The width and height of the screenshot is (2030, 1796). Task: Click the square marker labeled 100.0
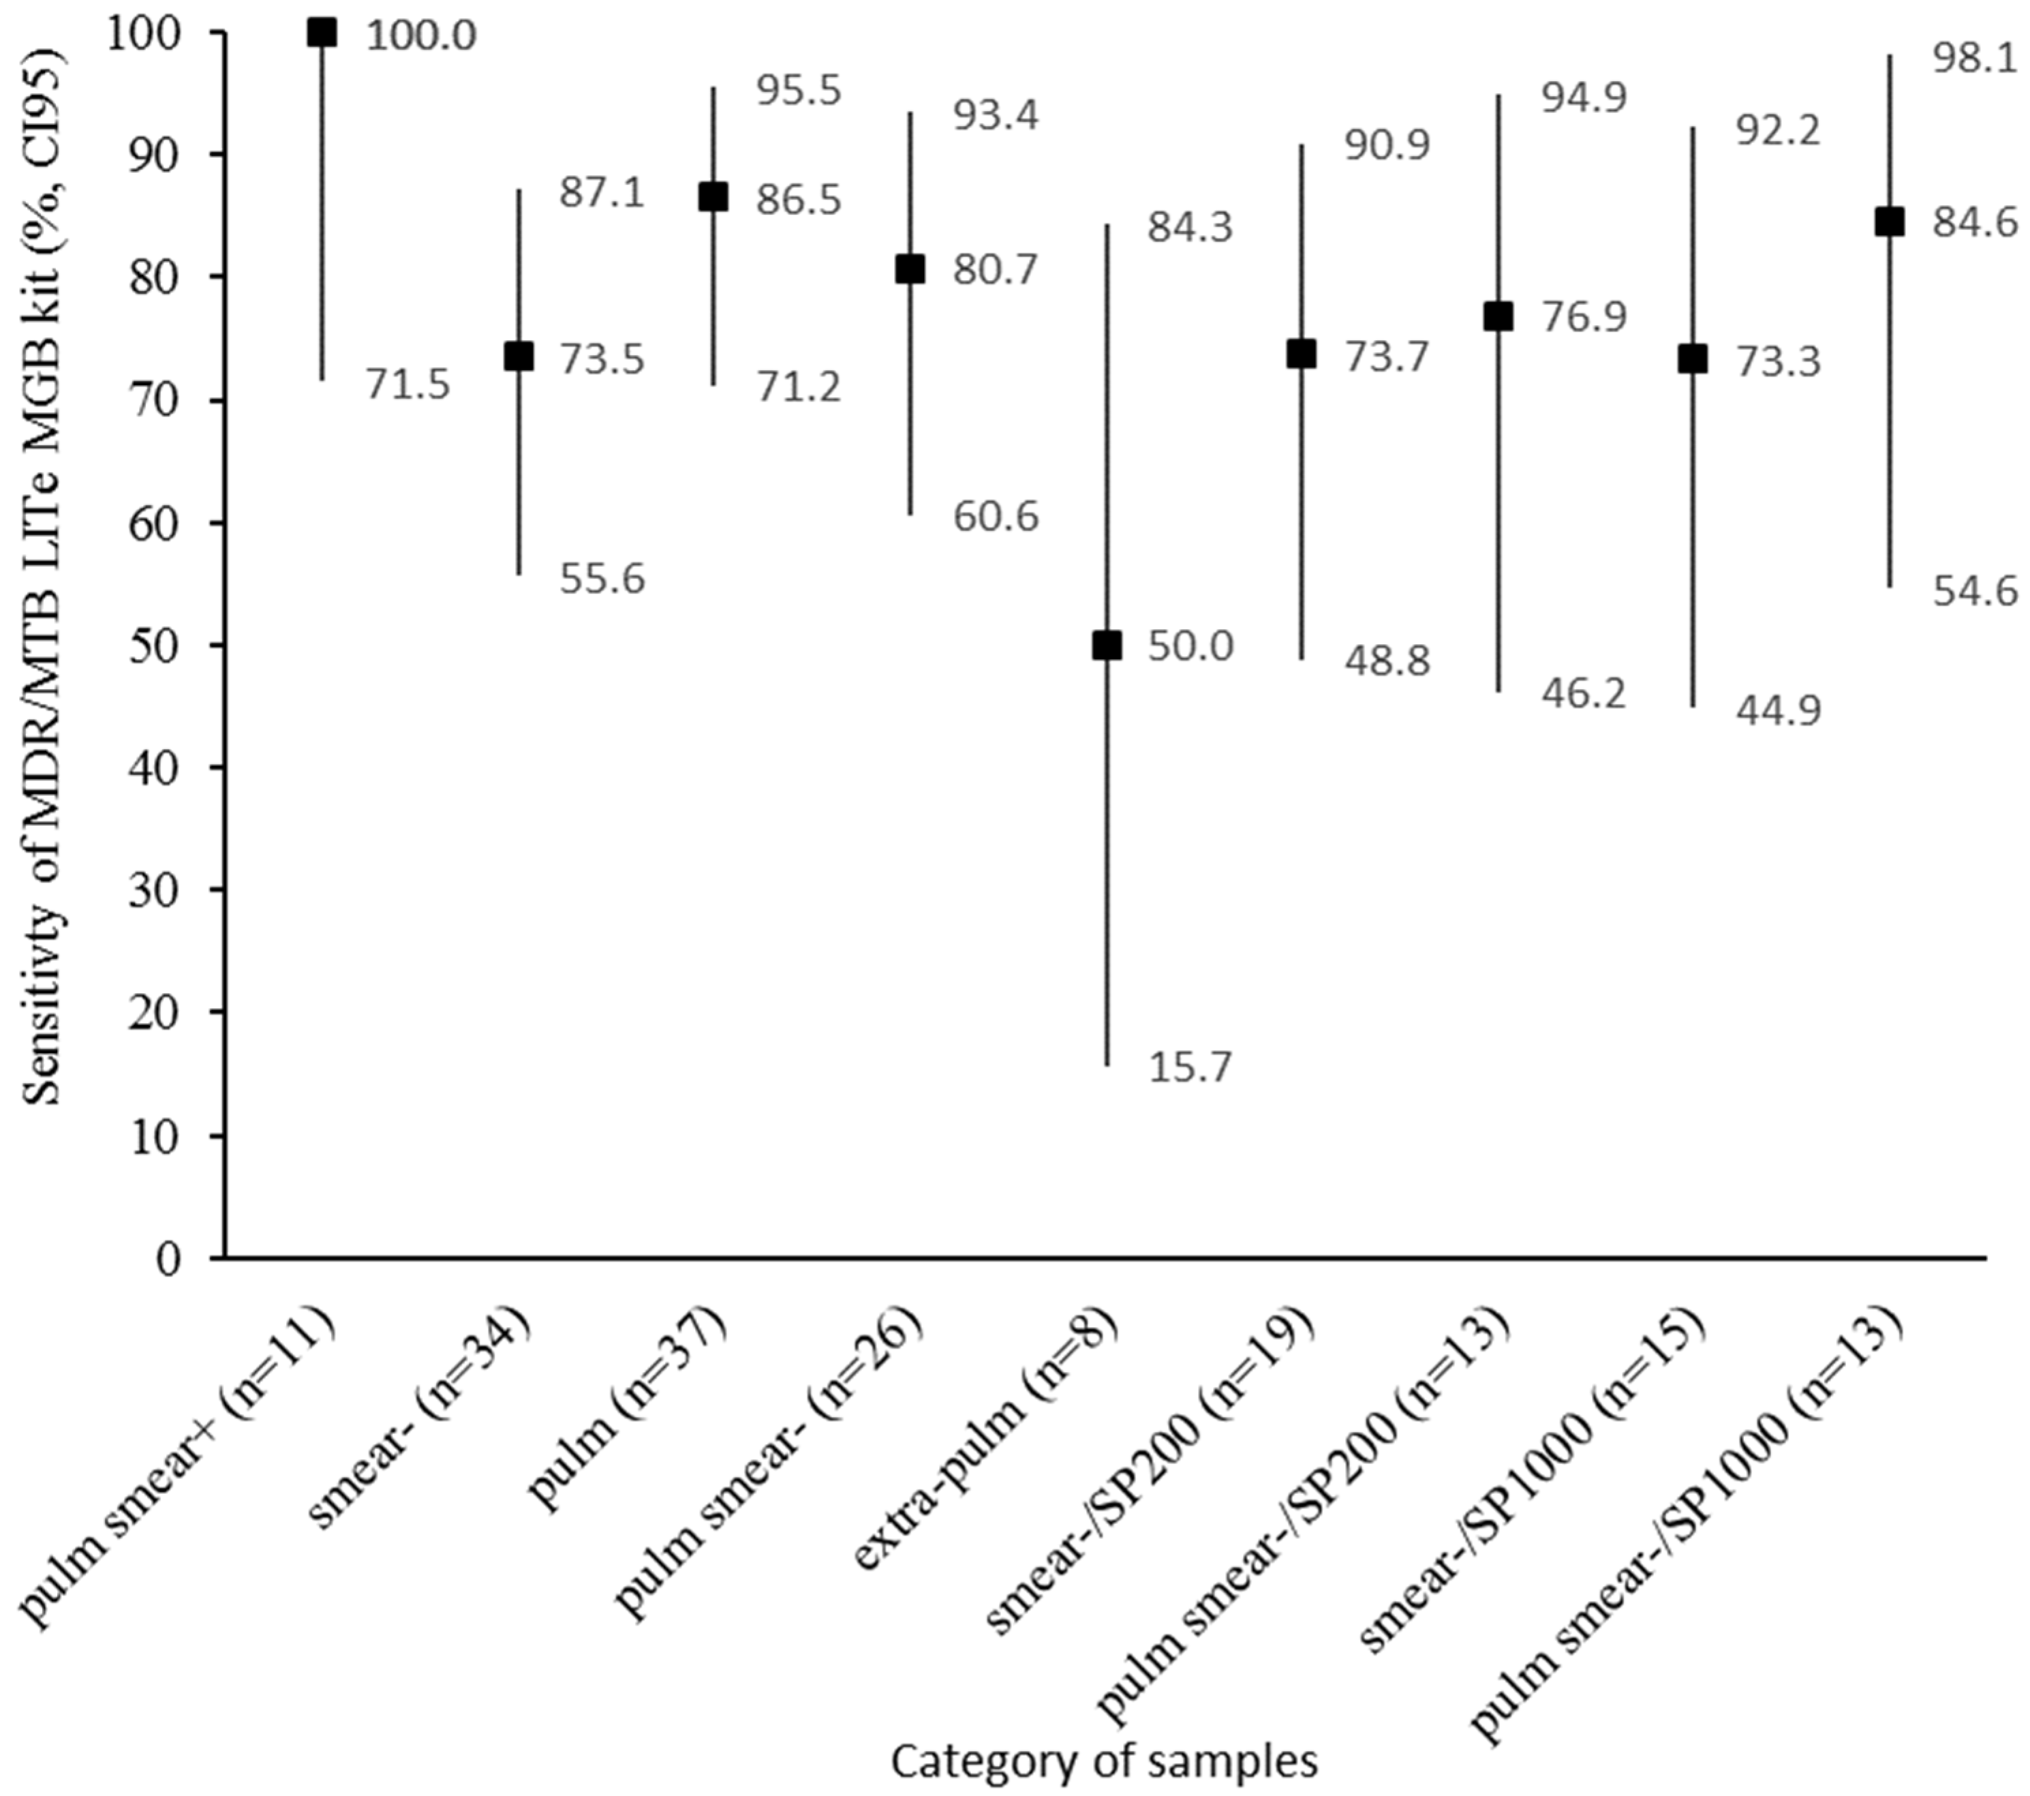point(322,33)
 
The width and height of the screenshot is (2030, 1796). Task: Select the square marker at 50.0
point(1107,645)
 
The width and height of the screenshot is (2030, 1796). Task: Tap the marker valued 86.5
point(713,197)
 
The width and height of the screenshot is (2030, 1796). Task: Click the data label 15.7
point(1190,1068)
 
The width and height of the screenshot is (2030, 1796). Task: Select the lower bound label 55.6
point(602,578)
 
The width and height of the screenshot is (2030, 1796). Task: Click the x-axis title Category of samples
point(1105,1761)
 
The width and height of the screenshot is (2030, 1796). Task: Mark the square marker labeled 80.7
point(910,269)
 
